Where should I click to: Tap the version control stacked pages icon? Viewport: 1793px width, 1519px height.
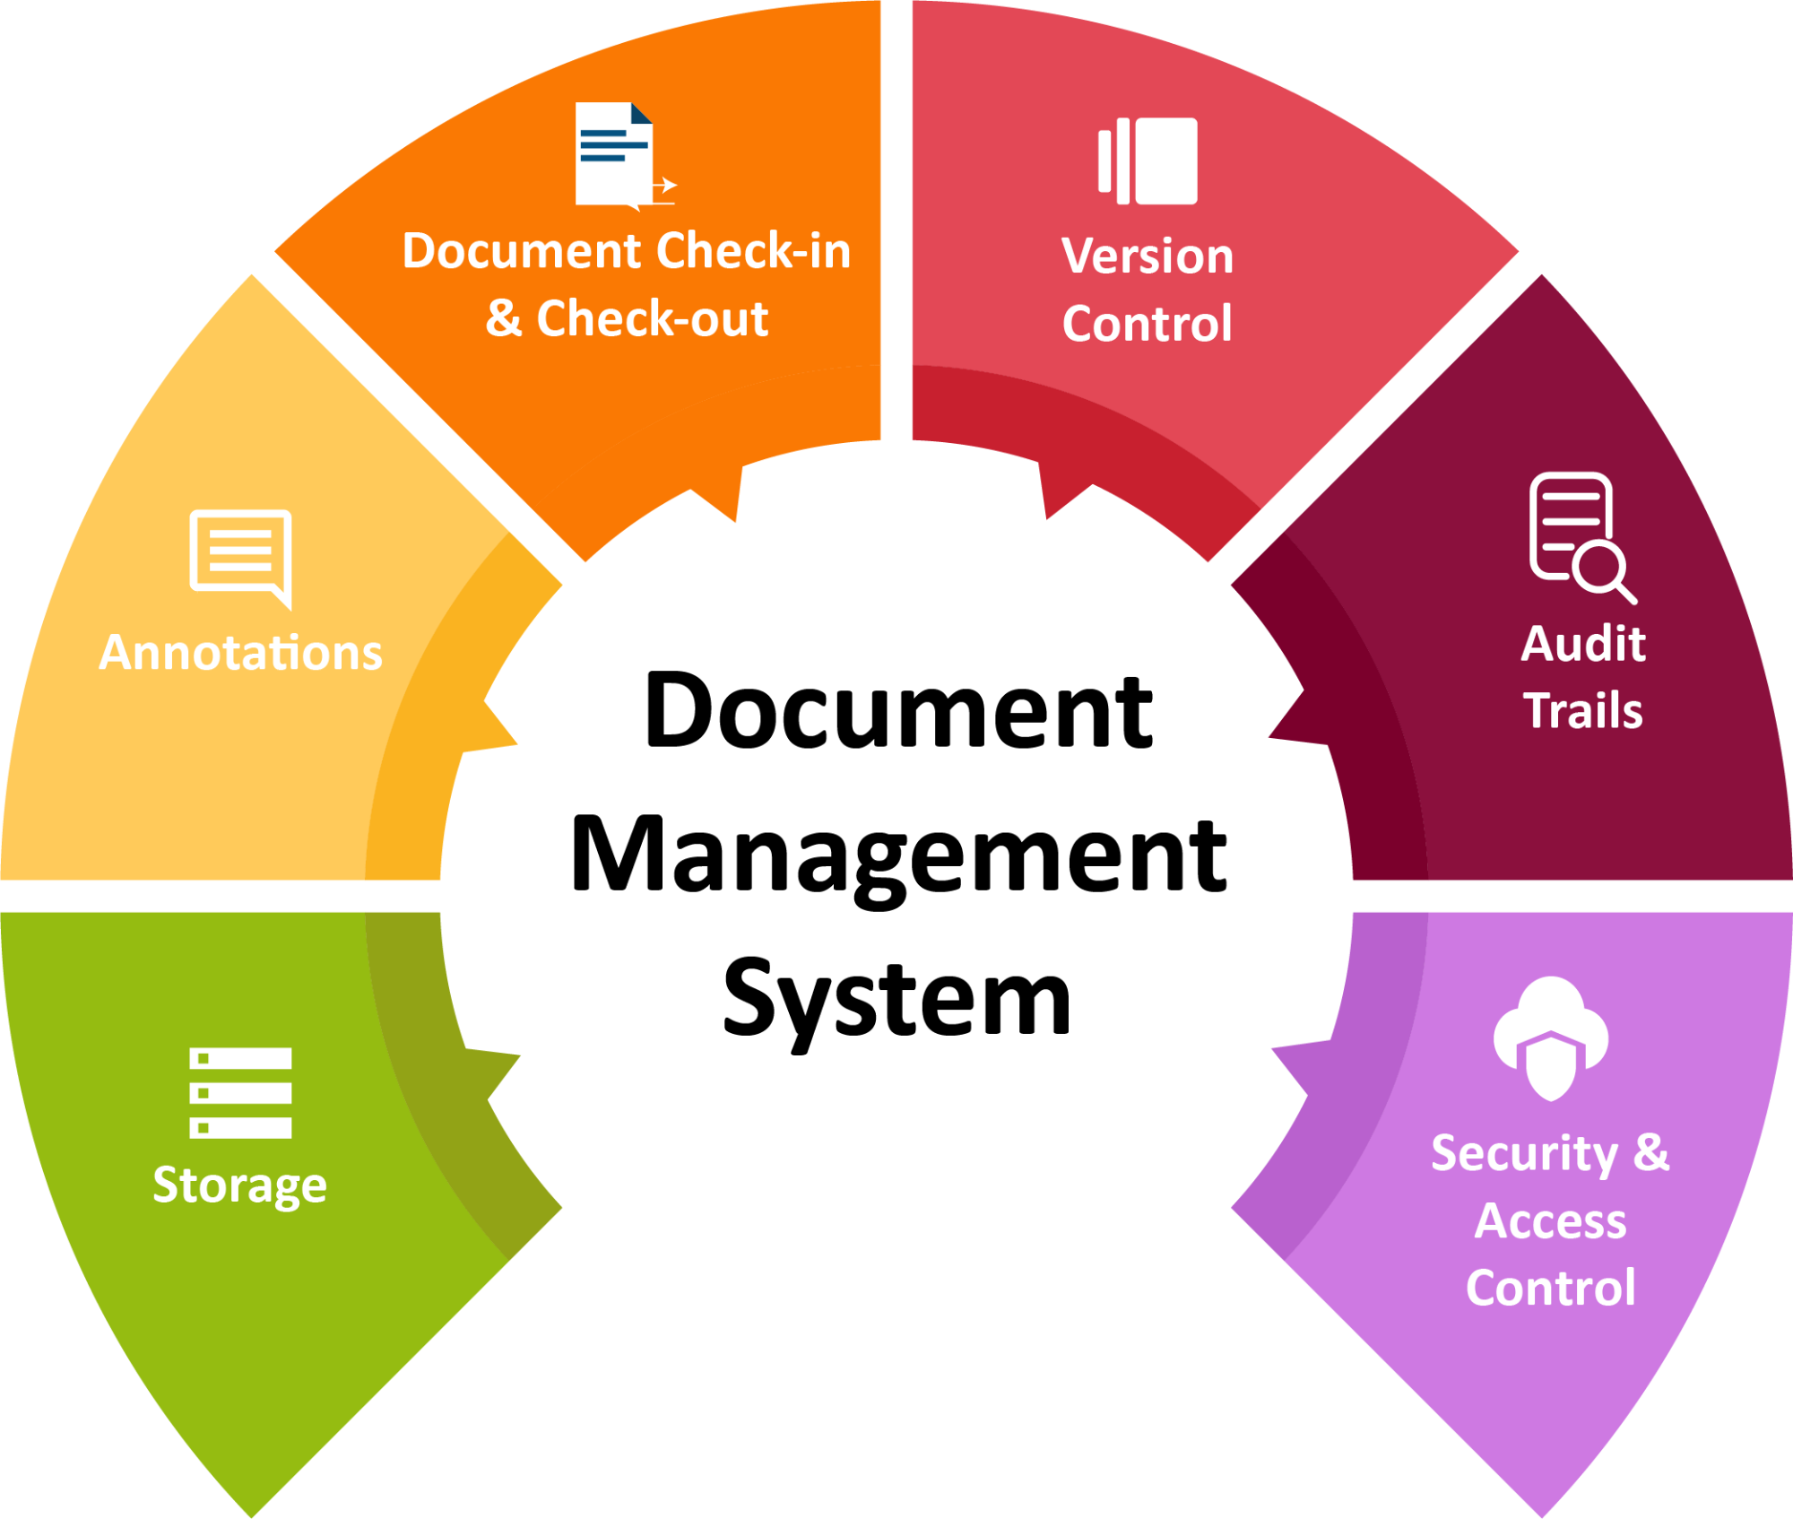point(1148,161)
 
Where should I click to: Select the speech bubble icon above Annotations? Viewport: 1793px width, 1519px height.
point(240,554)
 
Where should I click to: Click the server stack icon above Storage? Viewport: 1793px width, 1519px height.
point(240,1092)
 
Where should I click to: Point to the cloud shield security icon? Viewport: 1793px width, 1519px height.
point(1551,1037)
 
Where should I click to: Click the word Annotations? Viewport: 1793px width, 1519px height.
point(240,652)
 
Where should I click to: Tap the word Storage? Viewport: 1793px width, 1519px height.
point(239,1185)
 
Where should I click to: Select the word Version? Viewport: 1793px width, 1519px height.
point(1148,256)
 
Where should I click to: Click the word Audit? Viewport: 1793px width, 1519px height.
point(1583,644)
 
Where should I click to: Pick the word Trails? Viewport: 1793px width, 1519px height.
point(1583,711)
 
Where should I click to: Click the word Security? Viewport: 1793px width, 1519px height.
point(1524,1154)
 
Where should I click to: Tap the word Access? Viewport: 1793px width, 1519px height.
point(1551,1221)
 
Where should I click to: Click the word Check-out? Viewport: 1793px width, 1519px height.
point(652,319)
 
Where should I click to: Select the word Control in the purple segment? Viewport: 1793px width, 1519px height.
point(1551,1289)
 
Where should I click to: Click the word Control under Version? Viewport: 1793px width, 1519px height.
point(1148,324)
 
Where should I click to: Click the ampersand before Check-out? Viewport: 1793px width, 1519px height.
point(504,319)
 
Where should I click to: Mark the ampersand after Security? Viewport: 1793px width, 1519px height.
point(1651,1153)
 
